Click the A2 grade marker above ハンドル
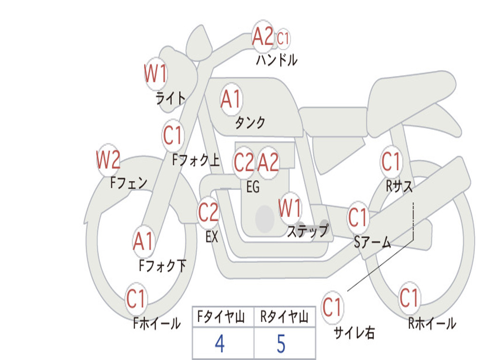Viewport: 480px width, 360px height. [263, 36]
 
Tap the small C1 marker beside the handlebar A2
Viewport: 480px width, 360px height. [283, 38]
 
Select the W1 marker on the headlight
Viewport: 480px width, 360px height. [156, 74]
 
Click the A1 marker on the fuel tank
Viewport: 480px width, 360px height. [231, 99]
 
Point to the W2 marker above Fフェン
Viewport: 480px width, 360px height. [108, 160]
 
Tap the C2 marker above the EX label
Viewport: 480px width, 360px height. [208, 213]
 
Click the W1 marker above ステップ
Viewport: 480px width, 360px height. [290, 208]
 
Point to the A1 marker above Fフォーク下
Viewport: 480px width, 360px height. [143, 241]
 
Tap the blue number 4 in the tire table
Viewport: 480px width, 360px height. [219, 344]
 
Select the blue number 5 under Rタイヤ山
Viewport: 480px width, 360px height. [281, 344]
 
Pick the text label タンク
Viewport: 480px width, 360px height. [250, 123]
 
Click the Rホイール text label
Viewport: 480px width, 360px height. [432, 323]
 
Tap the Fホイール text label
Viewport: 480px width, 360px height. [157, 323]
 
